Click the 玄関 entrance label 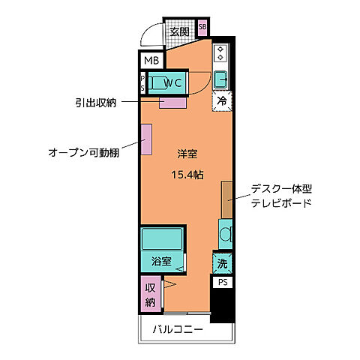tap(178, 31)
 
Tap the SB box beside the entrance tap(202, 29)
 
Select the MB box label tap(151, 61)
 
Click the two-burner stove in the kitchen tap(221, 54)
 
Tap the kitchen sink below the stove tap(221, 79)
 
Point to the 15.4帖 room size tap(187, 174)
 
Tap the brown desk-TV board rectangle tap(226, 198)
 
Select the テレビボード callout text tap(281, 203)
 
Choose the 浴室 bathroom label tap(160, 262)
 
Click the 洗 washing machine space tap(222, 263)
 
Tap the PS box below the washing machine tap(222, 282)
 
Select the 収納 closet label tap(150, 294)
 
